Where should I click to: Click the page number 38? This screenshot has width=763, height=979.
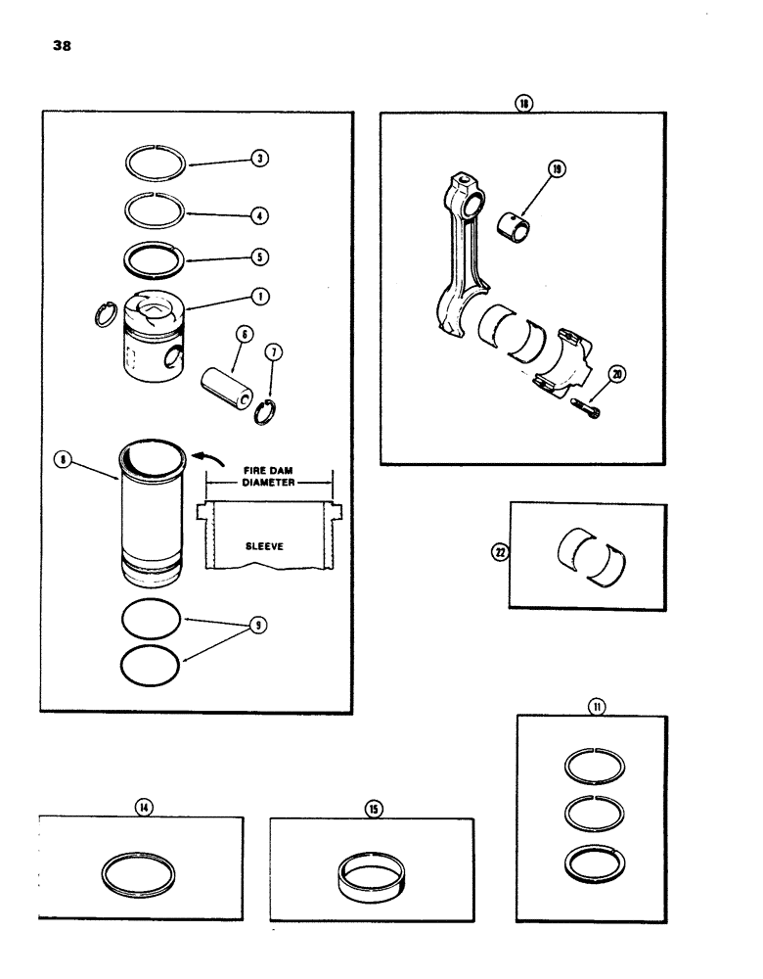click(50, 45)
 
